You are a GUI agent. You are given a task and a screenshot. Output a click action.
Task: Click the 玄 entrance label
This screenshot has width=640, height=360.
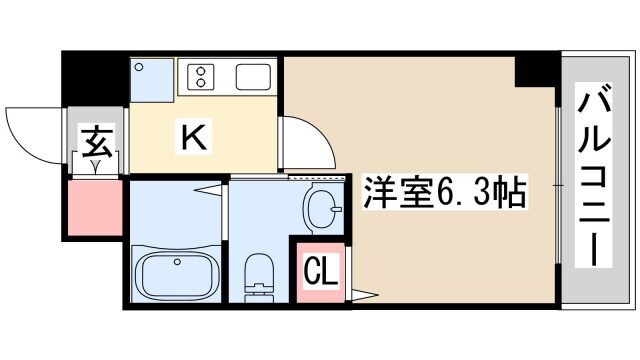tap(96, 137)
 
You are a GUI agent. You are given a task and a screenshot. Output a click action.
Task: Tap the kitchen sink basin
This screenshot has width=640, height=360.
tap(250, 77)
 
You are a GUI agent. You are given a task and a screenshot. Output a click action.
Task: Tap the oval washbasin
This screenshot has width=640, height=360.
tap(324, 209)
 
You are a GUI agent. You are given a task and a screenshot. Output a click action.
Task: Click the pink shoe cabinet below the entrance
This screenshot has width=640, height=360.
tap(96, 208)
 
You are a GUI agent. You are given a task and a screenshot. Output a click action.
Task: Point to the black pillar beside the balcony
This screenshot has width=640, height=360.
tap(536, 70)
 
